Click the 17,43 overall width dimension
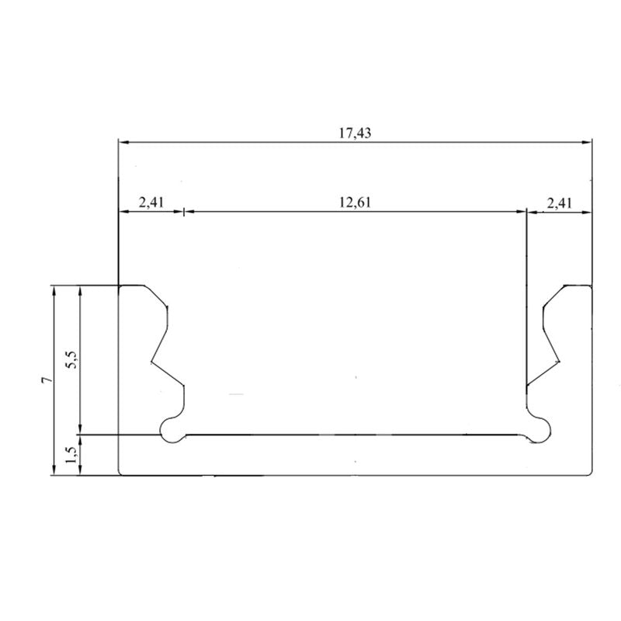point(355,133)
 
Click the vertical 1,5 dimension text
point(71,455)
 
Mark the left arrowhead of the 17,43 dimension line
point(123,142)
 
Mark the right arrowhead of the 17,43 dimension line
point(588,142)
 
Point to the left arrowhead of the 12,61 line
point(189,210)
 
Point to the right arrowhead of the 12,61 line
point(522,210)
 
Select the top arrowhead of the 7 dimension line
point(54,290)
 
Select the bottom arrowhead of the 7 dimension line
point(54,470)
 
